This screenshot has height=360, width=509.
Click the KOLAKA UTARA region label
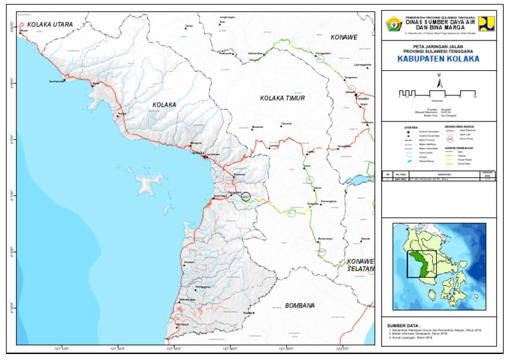tap(49, 23)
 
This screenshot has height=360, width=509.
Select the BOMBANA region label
tap(300, 306)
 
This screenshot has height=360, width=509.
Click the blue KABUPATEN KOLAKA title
tap(437, 58)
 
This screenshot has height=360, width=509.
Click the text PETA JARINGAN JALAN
tap(437, 46)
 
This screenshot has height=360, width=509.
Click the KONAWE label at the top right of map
tap(344, 37)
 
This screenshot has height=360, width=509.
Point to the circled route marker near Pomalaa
tap(245, 196)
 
